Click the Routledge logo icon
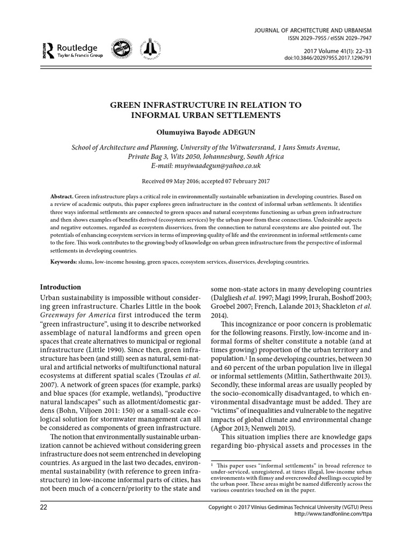[45, 50]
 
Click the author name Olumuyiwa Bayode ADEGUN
[205, 132]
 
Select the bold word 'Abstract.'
[62, 197]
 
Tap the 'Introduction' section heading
[61, 287]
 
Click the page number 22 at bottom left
[46, 507]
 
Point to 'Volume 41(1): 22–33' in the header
[342, 48]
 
